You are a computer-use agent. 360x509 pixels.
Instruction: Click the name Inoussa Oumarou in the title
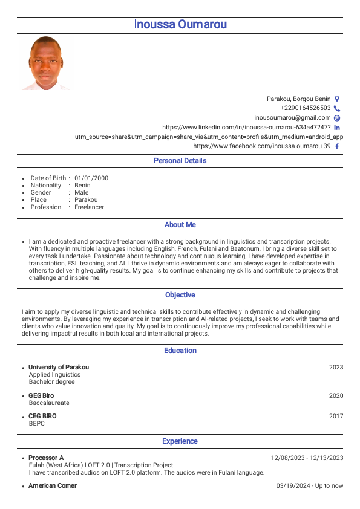click(180, 25)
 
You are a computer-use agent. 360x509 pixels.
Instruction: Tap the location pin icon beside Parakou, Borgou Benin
click(337, 99)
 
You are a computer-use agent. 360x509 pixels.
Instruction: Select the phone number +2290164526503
click(306, 108)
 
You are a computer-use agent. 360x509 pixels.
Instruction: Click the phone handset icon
click(337, 108)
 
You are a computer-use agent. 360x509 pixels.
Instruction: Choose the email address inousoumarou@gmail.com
click(292, 118)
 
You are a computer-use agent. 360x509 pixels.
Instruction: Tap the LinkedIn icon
click(337, 128)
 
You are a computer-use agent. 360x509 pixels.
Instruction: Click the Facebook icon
click(337, 146)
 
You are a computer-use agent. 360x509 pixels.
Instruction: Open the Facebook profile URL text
click(261, 146)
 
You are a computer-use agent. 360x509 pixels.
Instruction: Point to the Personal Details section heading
click(180, 161)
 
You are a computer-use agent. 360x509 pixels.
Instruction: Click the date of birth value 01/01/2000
click(91, 178)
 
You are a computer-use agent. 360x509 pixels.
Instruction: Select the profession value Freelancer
click(89, 207)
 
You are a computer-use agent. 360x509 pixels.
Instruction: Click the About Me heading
click(180, 225)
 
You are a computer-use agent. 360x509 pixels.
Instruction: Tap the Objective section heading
click(180, 295)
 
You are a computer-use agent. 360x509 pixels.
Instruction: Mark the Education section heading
click(180, 351)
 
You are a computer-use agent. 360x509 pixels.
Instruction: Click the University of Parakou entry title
click(59, 368)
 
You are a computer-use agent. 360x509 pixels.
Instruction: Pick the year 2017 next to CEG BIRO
click(336, 417)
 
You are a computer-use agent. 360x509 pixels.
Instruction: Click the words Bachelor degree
click(52, 382)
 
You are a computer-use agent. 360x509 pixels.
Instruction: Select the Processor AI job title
click(47, 458)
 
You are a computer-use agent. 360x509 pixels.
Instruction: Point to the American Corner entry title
click(53, 486)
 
